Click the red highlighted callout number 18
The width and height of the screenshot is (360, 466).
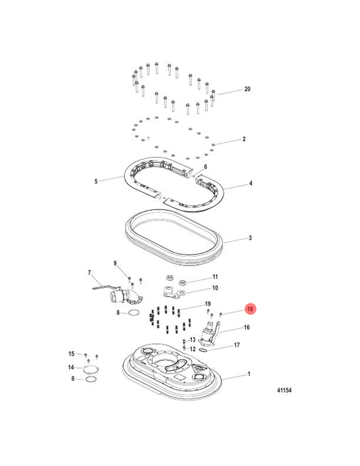click(250, 310)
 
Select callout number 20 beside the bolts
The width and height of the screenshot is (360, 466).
click(247, 90)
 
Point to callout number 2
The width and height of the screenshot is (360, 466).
click(243, 140)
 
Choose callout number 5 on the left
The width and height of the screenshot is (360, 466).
click(97, 181)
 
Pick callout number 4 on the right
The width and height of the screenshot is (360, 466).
click(250, 183)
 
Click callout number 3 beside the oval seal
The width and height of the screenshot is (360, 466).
click(250, 238)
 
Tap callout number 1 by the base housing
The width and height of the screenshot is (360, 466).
click(248, 374)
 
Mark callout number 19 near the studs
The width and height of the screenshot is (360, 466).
click(208, 304)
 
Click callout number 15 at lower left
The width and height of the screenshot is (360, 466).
click(71, 354)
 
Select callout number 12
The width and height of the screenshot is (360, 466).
click(192, 349)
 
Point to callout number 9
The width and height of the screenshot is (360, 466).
click(115, 263)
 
